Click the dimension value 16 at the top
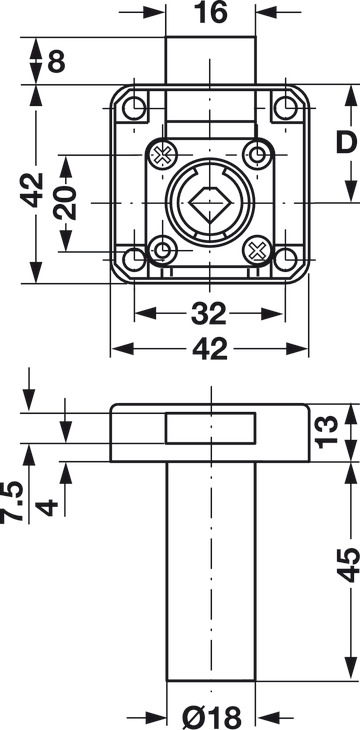click(211, 13)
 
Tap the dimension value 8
click(56, 61)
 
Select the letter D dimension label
click(346, 143)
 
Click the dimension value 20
click(65, 203)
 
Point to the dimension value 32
click(209, 314)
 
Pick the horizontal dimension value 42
click(211, 349)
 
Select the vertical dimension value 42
click(32, 190)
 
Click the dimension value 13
click(326, 432)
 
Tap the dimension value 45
click(348, 565)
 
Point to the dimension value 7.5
click(12, 502)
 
